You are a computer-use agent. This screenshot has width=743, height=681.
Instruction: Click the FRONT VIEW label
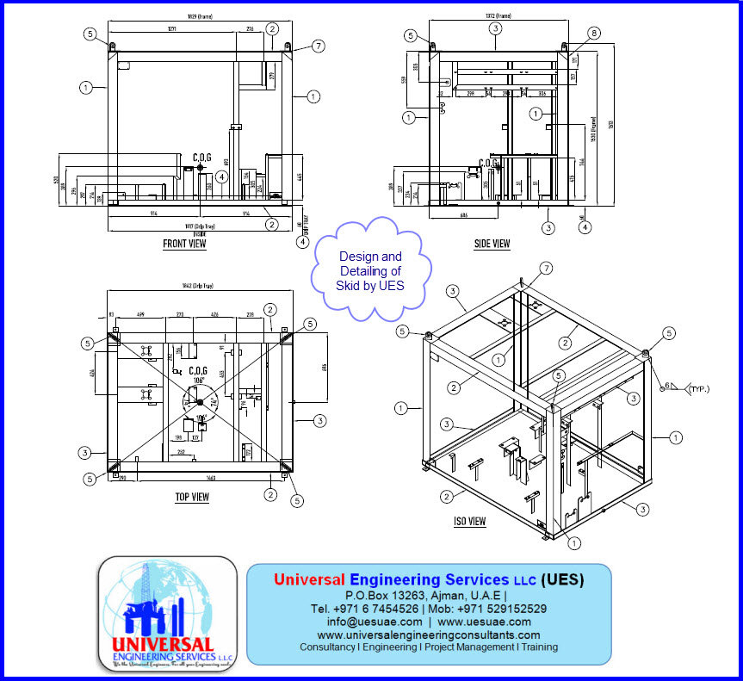[184, 245]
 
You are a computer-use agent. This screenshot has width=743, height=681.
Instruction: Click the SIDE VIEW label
[492, 245]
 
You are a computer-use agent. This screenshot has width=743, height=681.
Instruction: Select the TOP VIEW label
[192, 497]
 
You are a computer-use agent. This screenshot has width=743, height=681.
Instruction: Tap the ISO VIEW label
[469, 522]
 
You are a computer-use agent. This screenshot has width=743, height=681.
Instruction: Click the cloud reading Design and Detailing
[370, 270]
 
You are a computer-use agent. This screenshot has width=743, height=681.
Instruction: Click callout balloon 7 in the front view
[319, 46]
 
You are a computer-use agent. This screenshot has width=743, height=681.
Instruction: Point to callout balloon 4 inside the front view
[222, 176]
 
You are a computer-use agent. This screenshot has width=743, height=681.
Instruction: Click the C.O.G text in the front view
[202, 157]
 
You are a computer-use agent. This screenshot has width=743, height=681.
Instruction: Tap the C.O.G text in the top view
[200, 371]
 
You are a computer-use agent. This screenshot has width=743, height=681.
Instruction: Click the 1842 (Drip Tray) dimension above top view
[197, 286]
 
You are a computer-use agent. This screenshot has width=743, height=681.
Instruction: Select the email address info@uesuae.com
[375, 622]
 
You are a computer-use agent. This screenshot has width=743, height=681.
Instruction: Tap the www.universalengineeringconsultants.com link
[428, 635]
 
